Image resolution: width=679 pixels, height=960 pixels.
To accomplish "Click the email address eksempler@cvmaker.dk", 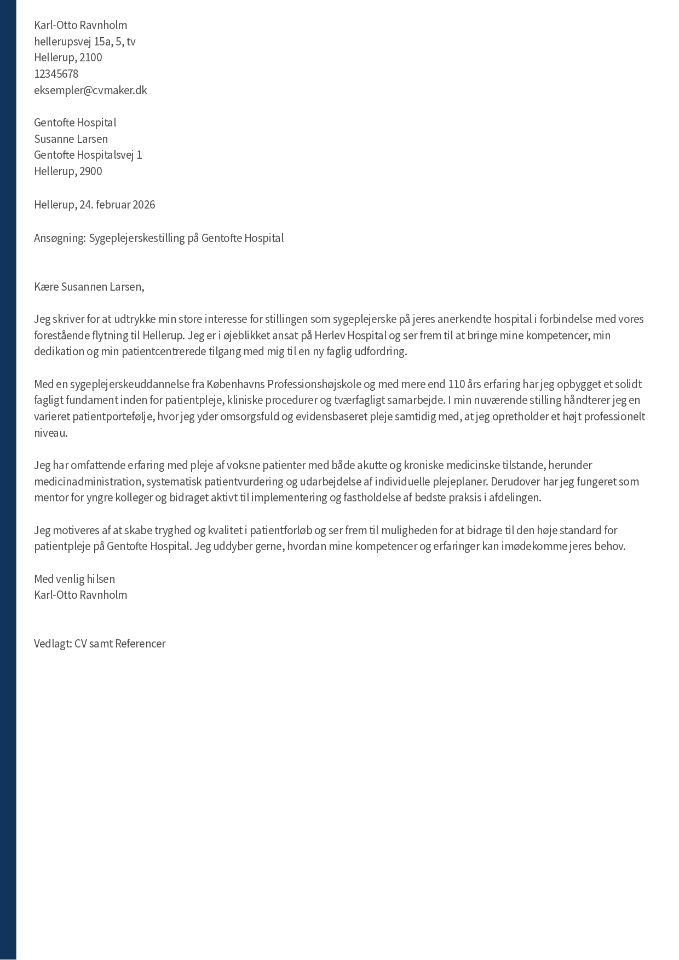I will point(90,90).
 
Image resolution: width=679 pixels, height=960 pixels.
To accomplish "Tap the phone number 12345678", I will point(56,74).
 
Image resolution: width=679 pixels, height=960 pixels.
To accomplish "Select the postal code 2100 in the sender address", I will point(91,57).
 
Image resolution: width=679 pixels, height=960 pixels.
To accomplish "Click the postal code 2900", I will point(91,171).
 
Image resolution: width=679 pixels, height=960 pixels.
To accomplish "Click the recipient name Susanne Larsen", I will point(71,139).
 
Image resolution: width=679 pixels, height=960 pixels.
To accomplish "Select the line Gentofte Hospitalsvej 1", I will point(88,155).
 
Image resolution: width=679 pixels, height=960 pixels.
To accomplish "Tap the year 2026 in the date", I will point(143,205).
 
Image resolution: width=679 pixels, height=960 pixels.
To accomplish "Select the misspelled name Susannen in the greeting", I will point(84,287).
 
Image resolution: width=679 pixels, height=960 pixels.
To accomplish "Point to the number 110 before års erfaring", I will point(457,384).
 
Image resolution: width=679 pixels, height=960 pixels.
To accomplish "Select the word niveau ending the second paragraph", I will point(50,433).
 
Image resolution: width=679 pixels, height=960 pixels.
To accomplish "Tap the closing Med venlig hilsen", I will point(74,579).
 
